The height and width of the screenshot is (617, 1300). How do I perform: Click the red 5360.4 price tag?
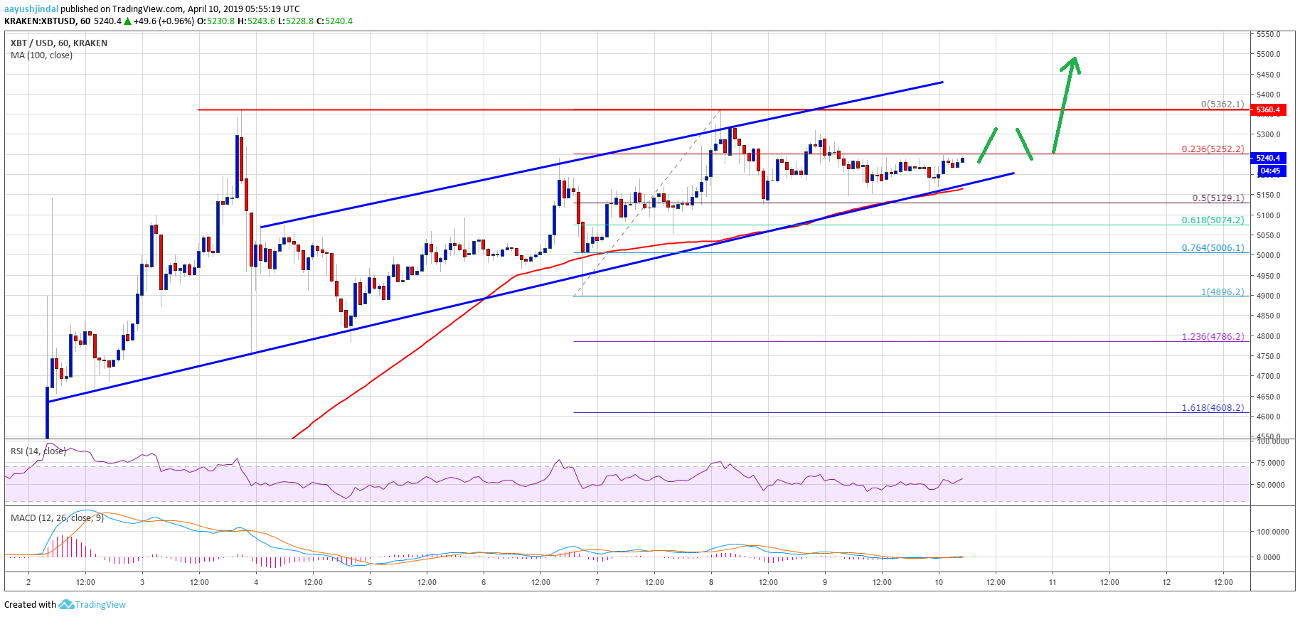point(1268,109)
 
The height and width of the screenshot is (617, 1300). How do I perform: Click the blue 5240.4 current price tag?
point(1268,158)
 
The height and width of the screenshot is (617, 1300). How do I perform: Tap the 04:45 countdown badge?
point(1269,171)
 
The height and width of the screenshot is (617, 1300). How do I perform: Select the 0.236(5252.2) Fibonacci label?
point(1213,149)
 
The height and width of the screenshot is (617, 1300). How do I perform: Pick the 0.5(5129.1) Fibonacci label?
point(1218,198)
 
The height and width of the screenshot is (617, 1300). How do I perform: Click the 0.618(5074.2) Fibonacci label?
point(1213,220)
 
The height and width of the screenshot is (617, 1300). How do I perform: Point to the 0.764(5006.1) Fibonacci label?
point(1213,248)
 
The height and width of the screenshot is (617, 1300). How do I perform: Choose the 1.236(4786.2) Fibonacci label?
point(1213,336)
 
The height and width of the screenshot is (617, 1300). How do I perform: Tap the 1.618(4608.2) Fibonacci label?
point(1213,408)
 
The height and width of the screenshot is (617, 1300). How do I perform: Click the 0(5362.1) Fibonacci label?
point(1222,104)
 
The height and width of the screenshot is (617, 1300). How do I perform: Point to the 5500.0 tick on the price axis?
point(1268,54)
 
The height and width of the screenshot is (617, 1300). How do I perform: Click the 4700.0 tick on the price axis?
point(1268,376)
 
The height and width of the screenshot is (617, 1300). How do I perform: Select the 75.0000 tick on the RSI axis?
point(1271,463)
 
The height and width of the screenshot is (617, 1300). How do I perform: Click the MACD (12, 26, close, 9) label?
point(57,517)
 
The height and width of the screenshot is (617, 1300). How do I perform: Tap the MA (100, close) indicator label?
point(41,55)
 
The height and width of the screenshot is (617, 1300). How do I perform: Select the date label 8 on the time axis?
point(711,582)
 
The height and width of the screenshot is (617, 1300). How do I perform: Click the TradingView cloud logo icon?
point(66,604)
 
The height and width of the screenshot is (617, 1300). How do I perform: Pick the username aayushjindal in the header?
point(31,9)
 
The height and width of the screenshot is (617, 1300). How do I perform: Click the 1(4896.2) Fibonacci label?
point(1222,292)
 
